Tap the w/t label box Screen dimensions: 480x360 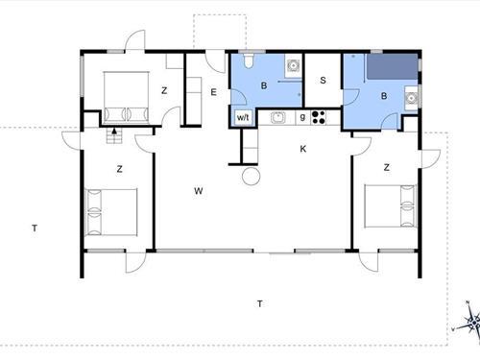tap(243, 117)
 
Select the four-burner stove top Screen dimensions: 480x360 tap(319, 117)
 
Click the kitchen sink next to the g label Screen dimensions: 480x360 tap(277, 117)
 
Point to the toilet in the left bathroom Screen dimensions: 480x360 tap(249, 60)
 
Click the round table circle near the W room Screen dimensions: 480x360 tap(252, 176)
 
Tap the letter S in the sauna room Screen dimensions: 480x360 tap(323, 81)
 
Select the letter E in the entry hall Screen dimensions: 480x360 tap(213, 92)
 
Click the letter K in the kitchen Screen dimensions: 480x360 tap(303, 149)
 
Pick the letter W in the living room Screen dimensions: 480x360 tap(199, 191)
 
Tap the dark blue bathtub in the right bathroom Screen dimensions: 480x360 tap(392, 66)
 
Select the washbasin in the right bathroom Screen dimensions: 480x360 tap(411, 98)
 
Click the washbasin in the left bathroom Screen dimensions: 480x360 tap(293, 65)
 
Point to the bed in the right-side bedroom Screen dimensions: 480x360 tap(390, 206)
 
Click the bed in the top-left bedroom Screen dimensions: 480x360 tap(127, 98)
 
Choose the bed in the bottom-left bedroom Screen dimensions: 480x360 tap(110, 212)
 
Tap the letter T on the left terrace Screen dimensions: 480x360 tap(35, 228)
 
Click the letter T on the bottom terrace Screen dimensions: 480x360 tap(260, 303)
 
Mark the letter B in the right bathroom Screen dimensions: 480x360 tap(384, 96)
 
